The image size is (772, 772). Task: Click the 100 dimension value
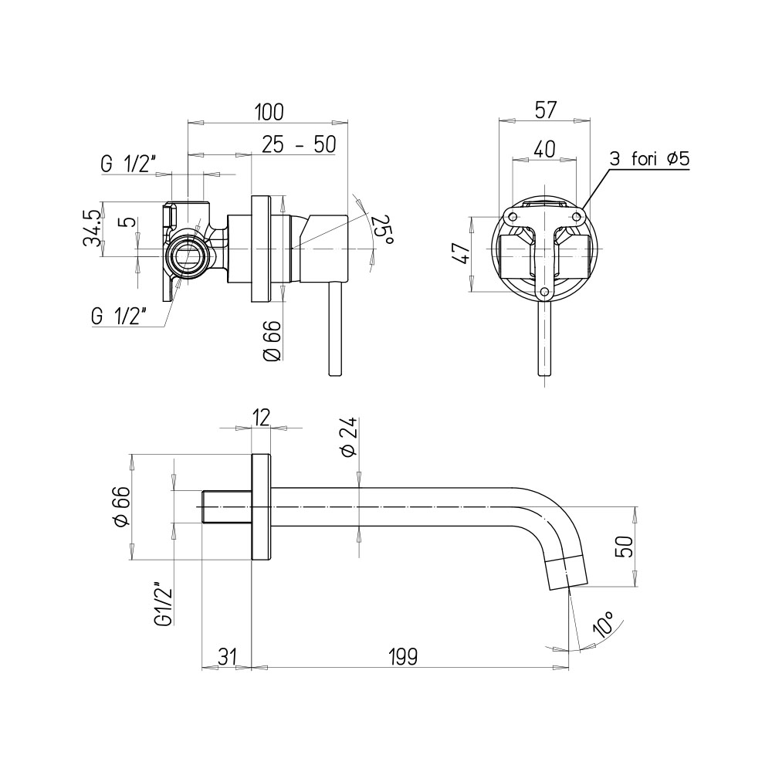(x=269, y=112)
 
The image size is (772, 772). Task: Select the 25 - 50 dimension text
(x=298, y=145)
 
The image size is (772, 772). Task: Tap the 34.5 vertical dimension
(x=93, y=228)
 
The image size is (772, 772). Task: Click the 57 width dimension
(x=545, y=110)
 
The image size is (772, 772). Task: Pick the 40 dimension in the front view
(x=544, y=149)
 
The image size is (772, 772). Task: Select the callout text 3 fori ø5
(x=649, y=159)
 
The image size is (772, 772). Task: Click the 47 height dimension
(x=462, y=253)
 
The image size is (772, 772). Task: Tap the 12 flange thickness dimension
(x=262, y=418)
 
